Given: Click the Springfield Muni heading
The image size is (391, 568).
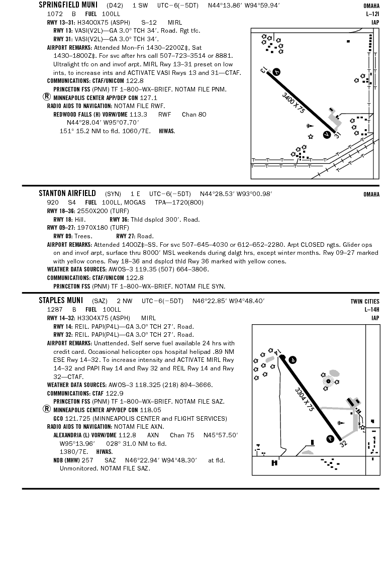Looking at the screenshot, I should (x=69, y=6).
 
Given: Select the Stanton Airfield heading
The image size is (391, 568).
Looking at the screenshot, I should (x=67, y=194).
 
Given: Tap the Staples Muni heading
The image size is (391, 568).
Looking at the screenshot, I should (x=61, y=301).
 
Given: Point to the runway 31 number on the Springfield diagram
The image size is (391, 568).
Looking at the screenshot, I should (x=338, y=135).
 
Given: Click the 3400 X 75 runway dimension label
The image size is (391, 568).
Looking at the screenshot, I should (x=294, y=102).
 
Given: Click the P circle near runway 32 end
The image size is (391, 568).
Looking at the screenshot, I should (x=330, y=439).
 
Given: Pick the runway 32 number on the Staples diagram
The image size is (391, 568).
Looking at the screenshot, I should (x=343, y=444).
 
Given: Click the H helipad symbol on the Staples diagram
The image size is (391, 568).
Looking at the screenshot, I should (x=274, y=463).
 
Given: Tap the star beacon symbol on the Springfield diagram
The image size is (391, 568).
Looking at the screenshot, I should (x=311, y=136).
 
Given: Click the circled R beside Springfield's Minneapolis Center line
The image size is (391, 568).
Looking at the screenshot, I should (x=47, y=97).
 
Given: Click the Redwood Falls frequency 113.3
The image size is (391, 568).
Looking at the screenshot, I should (x=138, y=115).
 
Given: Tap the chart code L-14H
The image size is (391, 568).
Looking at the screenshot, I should (x=372, y=310).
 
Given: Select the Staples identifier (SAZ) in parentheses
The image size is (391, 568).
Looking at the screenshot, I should (x=100, y=301).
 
